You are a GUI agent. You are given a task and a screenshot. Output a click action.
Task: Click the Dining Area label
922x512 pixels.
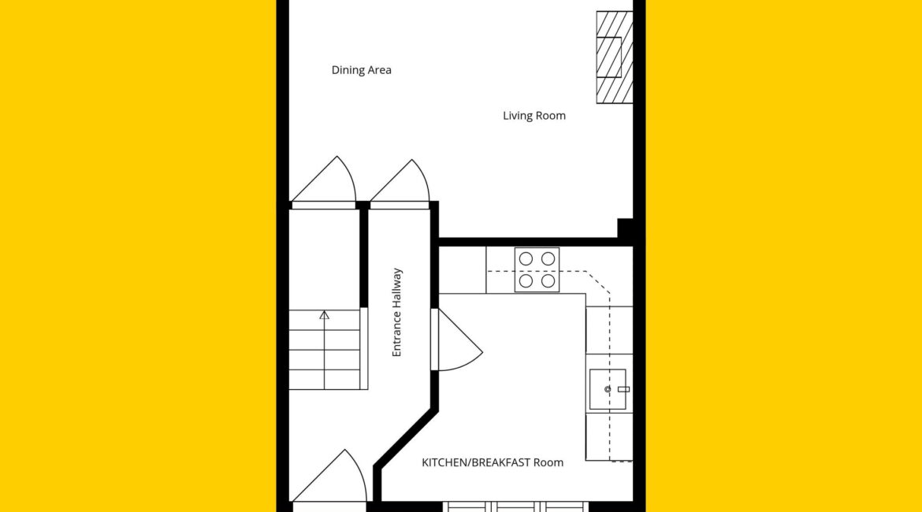point(361,70)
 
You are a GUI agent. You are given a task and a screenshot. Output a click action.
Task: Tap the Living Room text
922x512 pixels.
point(534,116)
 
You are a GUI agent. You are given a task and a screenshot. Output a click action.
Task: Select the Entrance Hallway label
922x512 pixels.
point(397,312)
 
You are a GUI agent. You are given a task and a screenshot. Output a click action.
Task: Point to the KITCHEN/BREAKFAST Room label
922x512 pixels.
point(493,462)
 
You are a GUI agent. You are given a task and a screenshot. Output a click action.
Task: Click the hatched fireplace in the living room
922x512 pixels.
point(615,58)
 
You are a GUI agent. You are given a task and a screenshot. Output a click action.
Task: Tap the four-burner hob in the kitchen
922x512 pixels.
point(537,270)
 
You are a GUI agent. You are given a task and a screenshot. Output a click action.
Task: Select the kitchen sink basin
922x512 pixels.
point(608,389)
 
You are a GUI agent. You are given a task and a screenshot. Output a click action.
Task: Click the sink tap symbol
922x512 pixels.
point(623,389)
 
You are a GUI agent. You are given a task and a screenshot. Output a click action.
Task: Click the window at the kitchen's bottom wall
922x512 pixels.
point(515,506)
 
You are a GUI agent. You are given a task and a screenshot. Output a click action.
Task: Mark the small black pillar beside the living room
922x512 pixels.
point(625,228)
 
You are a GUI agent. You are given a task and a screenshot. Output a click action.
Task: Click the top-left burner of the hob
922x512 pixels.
point(526,258)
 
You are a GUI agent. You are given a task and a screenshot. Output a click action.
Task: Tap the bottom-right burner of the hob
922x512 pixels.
point(548,281)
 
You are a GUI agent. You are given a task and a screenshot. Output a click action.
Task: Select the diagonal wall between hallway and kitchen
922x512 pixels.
point(406,438)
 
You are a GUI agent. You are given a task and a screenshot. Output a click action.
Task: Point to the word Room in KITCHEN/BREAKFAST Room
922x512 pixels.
point(548,462)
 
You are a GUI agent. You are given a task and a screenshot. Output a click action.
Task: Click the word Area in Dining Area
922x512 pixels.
point(379,70)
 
